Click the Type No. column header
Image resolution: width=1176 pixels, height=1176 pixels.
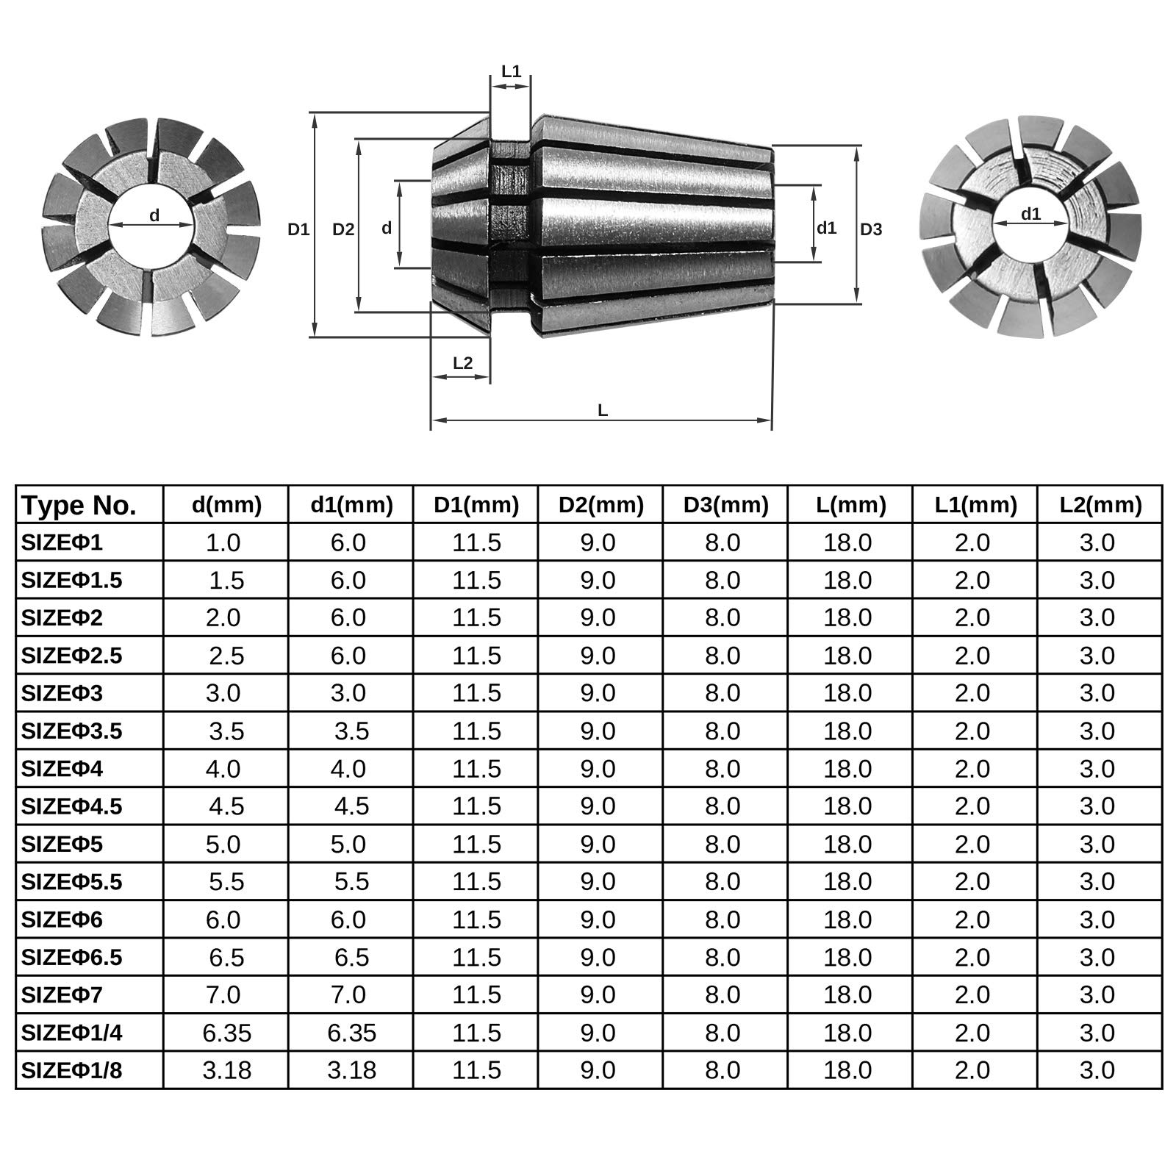79,506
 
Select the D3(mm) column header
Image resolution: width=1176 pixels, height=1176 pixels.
725,505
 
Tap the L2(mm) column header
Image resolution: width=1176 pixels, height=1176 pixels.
1100,505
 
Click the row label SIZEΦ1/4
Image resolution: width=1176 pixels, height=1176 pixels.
72,1033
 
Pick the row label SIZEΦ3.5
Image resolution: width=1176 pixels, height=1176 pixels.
72,731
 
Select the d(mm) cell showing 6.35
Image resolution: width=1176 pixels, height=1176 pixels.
227,1033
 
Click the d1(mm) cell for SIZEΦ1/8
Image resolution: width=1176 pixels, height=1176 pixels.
351,1070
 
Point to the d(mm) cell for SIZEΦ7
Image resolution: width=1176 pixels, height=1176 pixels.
223,994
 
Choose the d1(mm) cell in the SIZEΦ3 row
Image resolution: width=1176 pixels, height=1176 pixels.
348,692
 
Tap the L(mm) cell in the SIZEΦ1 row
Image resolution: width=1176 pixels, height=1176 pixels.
847,542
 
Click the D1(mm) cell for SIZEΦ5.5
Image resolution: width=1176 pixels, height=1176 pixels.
476,881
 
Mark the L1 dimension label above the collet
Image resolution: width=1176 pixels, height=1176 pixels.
511,72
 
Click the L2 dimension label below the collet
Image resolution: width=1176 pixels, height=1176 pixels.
462,363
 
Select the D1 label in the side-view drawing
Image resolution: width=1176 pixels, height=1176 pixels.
298,229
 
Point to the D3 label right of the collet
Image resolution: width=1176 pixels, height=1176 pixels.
871,229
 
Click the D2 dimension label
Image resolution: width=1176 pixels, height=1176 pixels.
343,229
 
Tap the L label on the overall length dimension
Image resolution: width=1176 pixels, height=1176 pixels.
603,411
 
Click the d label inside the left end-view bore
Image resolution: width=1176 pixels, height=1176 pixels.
154,216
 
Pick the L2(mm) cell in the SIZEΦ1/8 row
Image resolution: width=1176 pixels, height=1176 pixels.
1097,1070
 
